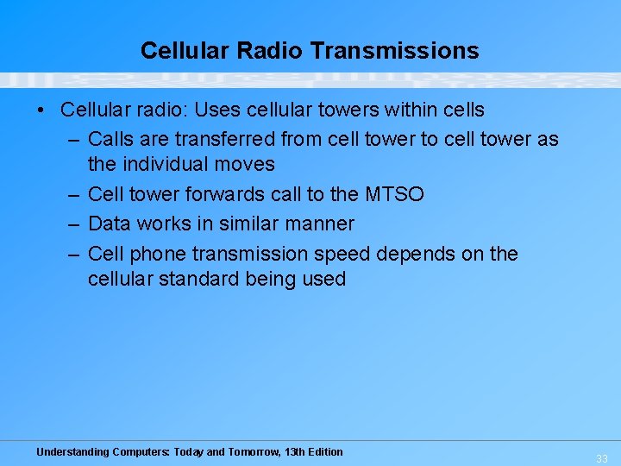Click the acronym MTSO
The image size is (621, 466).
[395, 194]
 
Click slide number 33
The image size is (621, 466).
[601, 459]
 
